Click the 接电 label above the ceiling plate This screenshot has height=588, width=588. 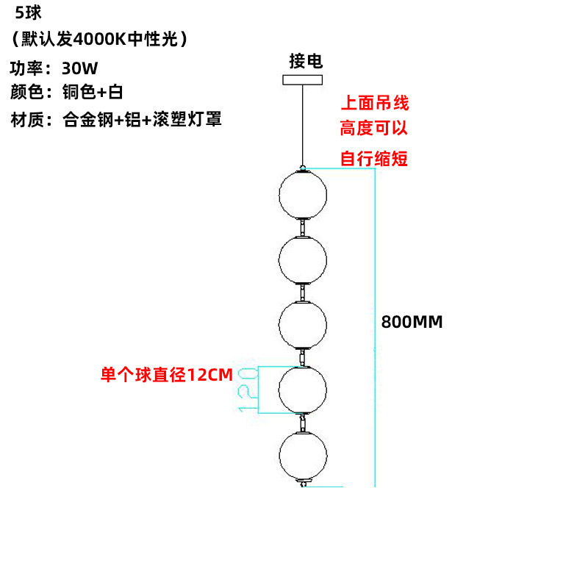coord(306,61)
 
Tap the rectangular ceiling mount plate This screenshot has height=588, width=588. coord(302,80)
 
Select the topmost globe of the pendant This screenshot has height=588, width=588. coord(303,195)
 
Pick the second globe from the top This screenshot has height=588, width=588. coord(303,260)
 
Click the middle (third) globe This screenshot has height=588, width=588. coord(303,325)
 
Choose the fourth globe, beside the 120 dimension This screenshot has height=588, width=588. coord(303,390)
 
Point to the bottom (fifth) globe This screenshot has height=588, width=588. coord(303,455)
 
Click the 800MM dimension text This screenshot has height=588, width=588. coord(412,322)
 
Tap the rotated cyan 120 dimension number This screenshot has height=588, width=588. coord(248,390)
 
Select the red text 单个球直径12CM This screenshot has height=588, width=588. coord(167,375)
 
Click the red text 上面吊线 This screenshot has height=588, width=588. coord(375,103)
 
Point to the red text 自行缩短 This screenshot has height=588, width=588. coord(374,158)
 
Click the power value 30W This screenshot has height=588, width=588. coord(79,68)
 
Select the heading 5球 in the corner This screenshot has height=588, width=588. coord(28,12)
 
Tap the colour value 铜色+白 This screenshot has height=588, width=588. coord(93,92)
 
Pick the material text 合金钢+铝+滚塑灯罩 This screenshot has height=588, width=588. coord(142,120)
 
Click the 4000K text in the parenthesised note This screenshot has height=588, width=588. coord(99,39)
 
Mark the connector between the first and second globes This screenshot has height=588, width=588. coord(302,227)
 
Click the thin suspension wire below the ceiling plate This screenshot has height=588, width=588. coord(303,126)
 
